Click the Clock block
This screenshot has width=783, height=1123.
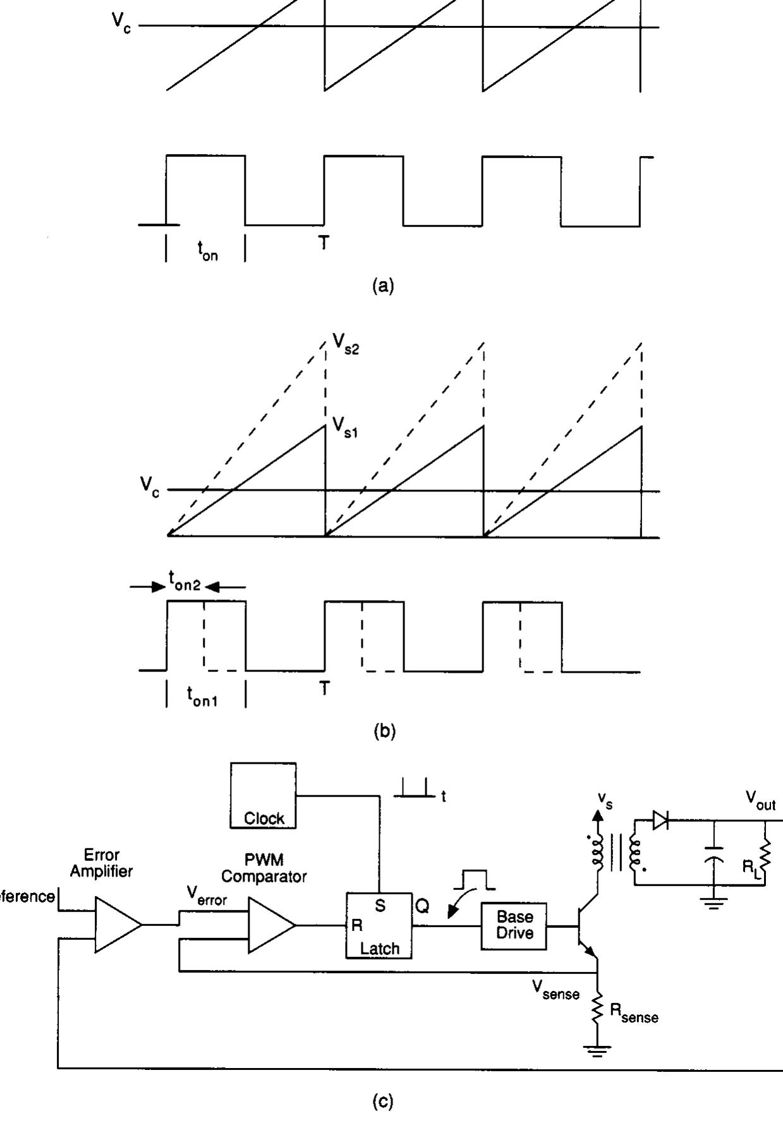point(263,796)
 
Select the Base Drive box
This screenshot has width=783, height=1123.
point(514,925)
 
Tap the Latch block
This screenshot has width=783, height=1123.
point(379,926)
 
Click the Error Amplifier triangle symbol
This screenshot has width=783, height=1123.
point(118,924)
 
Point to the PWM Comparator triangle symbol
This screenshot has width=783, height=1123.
point(271,925)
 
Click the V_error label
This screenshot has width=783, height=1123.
point(207,896)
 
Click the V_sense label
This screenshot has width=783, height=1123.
point(555,992)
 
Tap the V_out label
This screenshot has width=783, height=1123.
point(760,800)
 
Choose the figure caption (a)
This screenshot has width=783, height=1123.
point(384,285)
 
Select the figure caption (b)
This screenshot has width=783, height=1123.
point(384,731)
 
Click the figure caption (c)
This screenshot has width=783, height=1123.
point(384,1102)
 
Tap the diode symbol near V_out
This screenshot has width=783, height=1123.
point(661,820)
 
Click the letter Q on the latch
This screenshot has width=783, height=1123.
point(422,906)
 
